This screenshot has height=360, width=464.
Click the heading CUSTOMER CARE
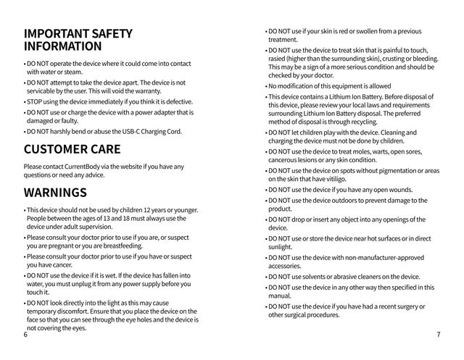(76, 150)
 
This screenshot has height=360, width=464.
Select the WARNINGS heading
(55, 193)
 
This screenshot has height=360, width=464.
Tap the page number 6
(25, 335)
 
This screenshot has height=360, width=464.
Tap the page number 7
(439, 335)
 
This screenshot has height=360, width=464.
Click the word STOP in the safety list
(35, 101)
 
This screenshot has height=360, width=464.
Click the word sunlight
(281, 247)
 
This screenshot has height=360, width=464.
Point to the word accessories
(287, 266)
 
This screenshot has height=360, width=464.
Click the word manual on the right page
(278, 296)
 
